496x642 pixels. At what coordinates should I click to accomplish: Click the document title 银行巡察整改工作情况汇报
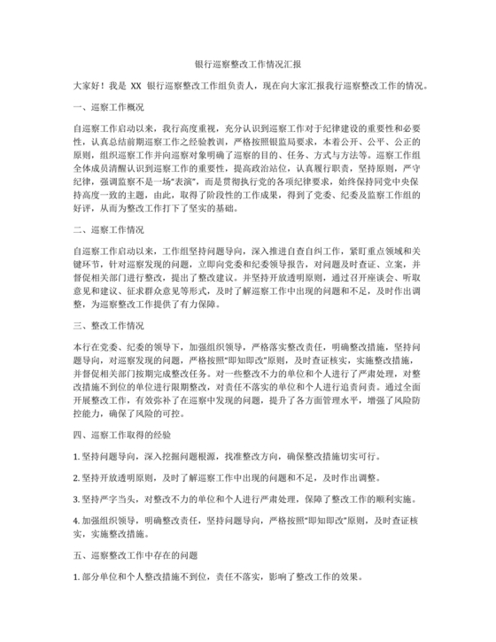pyautogui.click(x=248, y=64)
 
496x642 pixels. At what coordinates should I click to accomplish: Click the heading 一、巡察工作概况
pyautogui.click(x=109, y=107)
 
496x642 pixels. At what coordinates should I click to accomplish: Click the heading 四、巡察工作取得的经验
pyautogui.click(x=122, y=437)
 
